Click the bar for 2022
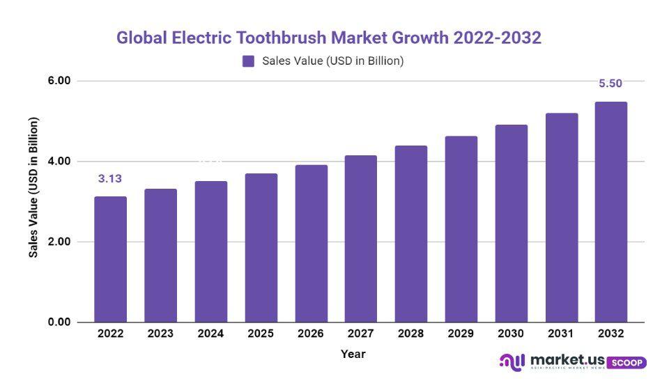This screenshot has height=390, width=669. click(110, 259)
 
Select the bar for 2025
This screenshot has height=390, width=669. click(261, 248)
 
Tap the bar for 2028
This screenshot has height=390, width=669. click(410, 234)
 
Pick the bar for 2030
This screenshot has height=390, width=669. click(511, 224)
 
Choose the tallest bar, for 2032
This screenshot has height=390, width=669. click(610, 212)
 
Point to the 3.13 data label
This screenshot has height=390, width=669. click(110, 179)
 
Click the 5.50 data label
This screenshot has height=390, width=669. click(610, 84)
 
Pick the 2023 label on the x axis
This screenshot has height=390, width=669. click(160, 334)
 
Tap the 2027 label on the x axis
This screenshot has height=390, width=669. click(360, 334)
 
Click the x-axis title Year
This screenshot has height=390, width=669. click(353, 354)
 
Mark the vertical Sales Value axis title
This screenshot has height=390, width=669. click(33, 187)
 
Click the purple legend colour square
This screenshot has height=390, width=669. click(249, 61)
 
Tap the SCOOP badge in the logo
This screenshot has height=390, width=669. click(626, 363)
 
